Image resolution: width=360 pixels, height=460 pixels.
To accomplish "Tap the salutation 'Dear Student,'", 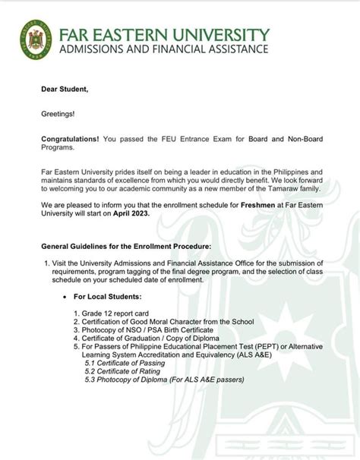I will click(65, 90).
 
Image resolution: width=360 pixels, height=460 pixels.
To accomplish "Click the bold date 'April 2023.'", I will click(130, 214).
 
